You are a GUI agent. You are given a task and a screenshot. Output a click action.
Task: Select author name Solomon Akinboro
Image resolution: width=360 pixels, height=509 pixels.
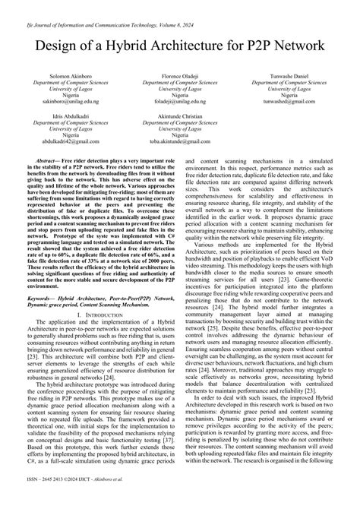tap(60, 77)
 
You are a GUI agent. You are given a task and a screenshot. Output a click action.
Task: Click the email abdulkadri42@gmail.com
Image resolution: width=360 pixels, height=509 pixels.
tap(60, 142)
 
